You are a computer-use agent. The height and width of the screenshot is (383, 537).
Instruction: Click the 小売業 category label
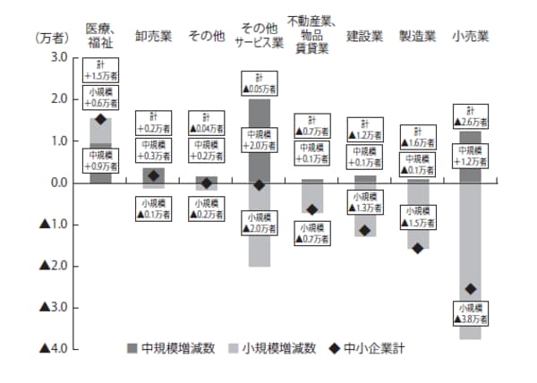pos(470,37)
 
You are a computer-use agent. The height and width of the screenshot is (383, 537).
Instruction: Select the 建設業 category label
pos(364,37)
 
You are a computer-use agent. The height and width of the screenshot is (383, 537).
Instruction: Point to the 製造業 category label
pos(417,37)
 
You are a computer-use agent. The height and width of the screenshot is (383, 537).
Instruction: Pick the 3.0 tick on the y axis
pos(58,57)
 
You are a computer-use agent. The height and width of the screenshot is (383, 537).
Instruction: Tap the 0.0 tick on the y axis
pos(58,183)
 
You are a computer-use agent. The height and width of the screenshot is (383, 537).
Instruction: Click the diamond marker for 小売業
pos(471,288)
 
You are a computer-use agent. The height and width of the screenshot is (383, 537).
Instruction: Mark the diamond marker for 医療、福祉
pos(101,119)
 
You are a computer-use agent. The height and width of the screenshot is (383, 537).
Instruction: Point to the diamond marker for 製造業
pos(417,248)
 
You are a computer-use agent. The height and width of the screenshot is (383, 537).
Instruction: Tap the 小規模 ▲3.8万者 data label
pos(471,312)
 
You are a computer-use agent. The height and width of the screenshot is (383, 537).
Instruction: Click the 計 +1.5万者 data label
pos(101,71)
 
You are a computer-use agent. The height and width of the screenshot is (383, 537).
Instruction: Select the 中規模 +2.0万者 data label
pos(260,140)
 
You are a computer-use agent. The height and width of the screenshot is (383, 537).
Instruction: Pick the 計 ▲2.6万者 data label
pos(471,115)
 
